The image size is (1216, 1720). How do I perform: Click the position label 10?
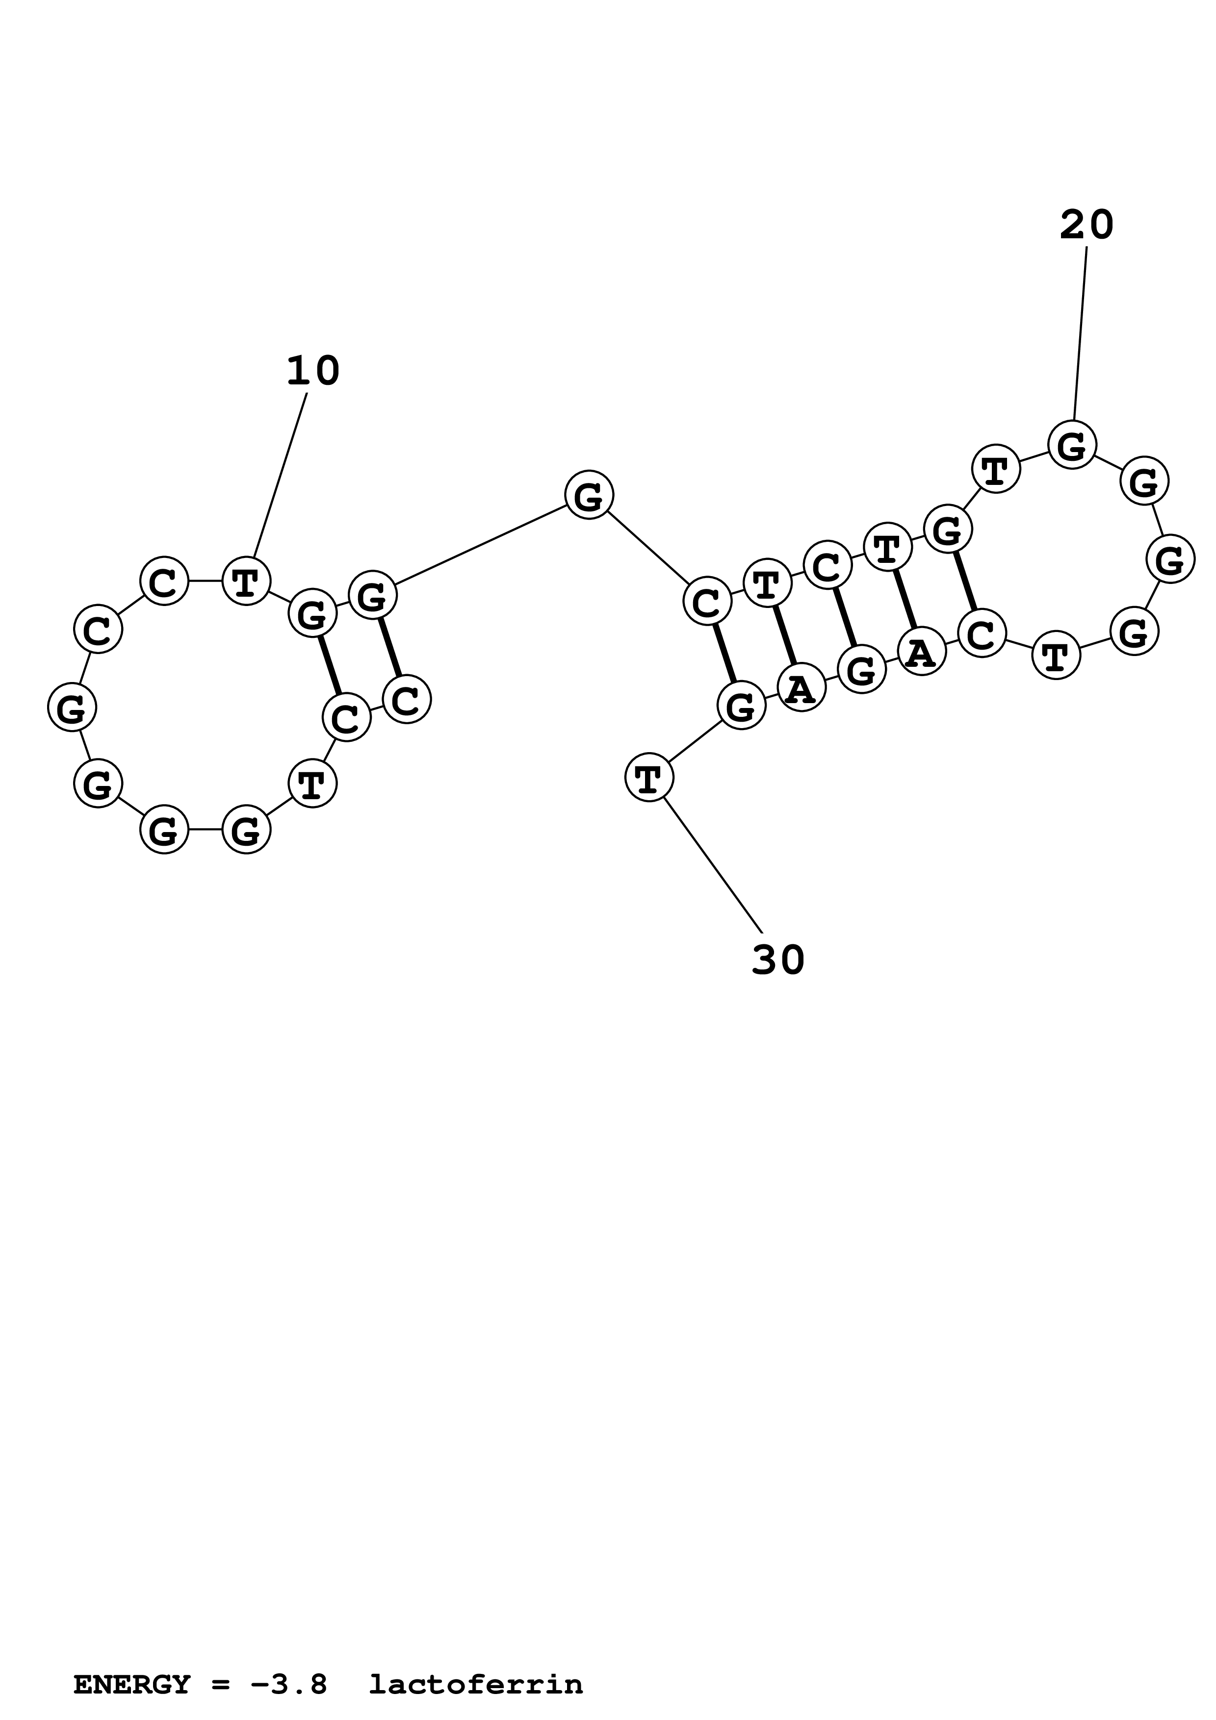(313, 372)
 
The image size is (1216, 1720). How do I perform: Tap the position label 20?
(1087, 225)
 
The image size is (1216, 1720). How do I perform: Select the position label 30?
(777, 961)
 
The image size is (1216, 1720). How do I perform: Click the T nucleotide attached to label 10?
(246, 581)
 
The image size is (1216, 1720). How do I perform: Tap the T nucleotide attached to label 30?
(649, 778)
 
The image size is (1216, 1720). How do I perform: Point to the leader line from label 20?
(1081, 333)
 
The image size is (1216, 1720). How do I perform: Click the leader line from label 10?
(280, 475)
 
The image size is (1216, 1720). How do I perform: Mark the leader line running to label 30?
(713, 866)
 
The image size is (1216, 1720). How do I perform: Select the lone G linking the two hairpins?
(589, 495)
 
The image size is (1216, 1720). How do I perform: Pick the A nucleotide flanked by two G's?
(801, 688)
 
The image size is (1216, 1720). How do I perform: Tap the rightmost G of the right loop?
(1169, 559)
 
